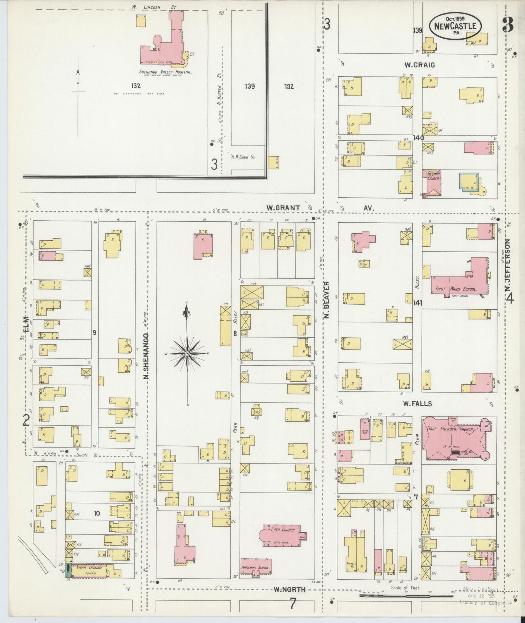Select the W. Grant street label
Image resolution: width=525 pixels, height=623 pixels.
click(x=283, y=208)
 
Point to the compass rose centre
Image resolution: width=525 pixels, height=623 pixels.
click(x=187, y=353)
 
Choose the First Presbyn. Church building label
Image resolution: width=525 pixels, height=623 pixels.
click(x=450, y=429)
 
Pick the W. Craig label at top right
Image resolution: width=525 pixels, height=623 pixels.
click(x=420, y=65)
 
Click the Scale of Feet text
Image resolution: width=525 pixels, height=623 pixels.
click(x=405, y=587)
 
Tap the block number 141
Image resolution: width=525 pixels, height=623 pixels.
click(x=417, y=302)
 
